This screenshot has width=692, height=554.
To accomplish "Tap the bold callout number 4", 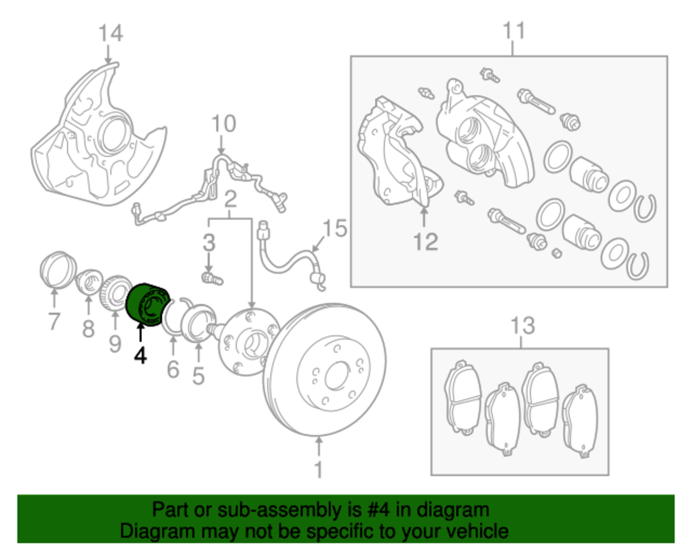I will click(141, 355).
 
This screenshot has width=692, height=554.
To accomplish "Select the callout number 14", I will click(111, 33).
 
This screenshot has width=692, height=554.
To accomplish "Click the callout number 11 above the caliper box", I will click(514, 30).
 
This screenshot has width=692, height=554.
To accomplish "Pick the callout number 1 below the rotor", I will click(319, 470).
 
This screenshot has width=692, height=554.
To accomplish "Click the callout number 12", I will click(425, 241).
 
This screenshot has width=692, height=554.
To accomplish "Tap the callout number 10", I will click(223, 124).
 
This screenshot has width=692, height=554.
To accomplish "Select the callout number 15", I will click(335, 229).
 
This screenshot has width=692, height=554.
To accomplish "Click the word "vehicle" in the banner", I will click(477, 531).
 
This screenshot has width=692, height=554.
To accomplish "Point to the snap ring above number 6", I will click(175, 315).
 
